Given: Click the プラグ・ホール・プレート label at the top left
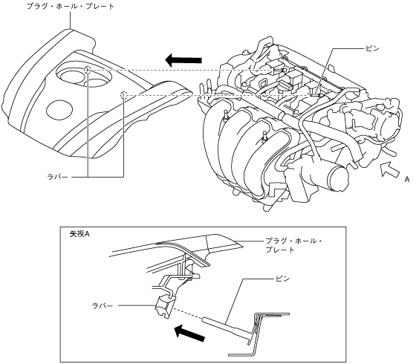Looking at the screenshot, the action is pos(71,6).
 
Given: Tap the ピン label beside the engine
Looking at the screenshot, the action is pos(372,48).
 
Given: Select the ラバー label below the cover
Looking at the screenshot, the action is pos(57,177).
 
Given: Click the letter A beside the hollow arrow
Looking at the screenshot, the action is pos(407,180).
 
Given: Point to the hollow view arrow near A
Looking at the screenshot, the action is pos(389,169).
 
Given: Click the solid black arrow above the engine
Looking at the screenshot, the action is pos(183,60).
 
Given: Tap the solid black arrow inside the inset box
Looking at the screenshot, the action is pos(189,333).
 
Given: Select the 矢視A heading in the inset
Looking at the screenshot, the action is pos(79,234).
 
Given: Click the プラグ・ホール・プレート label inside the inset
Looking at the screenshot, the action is pos(293,245).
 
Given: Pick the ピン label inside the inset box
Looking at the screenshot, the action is pos(282,279).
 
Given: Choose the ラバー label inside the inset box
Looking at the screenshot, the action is pos(103,305).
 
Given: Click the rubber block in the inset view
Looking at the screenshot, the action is pos(165,307).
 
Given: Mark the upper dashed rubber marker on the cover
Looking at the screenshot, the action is pos(88,70).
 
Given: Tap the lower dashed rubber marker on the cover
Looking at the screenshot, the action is pos(123,95).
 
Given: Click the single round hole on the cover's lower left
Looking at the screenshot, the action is pos(59,110).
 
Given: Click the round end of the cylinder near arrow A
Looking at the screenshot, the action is pos(340,178).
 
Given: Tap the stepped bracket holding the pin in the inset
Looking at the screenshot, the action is pos(259,334).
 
